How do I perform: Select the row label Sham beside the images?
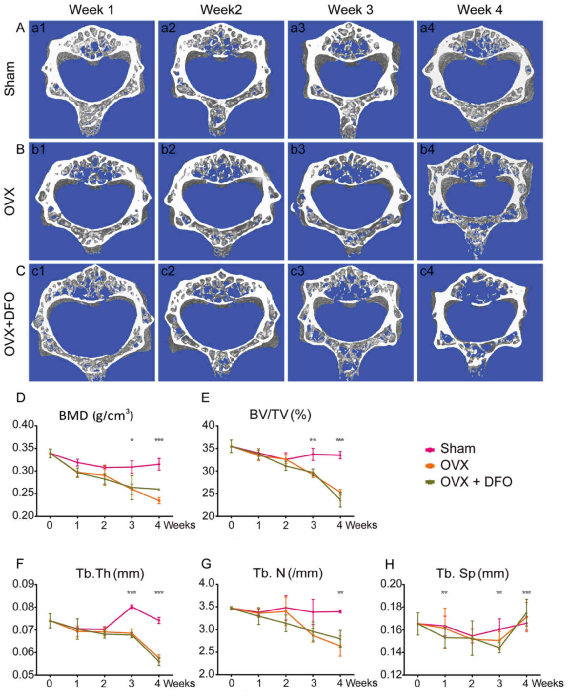(10, 79)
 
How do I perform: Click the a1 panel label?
(38, 28)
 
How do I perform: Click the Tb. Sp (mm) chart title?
(472, 573)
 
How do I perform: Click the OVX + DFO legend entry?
(476, 482)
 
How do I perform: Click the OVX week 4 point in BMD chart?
(159, 501)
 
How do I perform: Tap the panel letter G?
(206, 565)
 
